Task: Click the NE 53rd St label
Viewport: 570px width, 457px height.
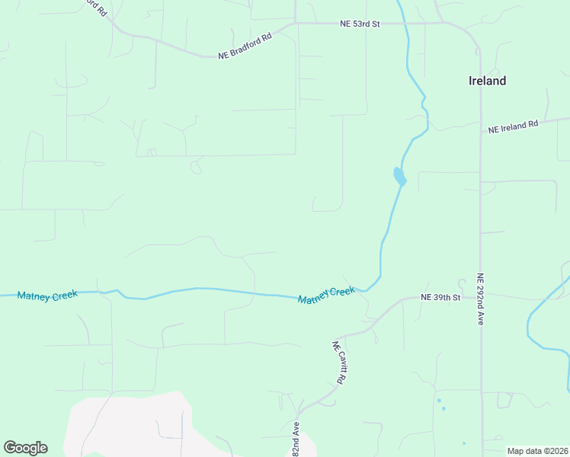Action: point(360,24)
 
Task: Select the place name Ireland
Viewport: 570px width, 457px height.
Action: point(487,81)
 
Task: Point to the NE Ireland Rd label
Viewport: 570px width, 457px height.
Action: point(513,127)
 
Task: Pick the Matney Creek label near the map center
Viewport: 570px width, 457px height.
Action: point(326,296)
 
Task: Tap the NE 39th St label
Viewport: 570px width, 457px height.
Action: point(441,297)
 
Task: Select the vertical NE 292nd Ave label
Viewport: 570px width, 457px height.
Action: point(481,300)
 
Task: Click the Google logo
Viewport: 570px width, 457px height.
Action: point(25,448)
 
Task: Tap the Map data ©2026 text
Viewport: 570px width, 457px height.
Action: point(537,450)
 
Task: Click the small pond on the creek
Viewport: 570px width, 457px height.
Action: point(399,177)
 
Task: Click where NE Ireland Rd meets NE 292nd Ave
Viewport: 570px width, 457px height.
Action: point(480,131)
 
